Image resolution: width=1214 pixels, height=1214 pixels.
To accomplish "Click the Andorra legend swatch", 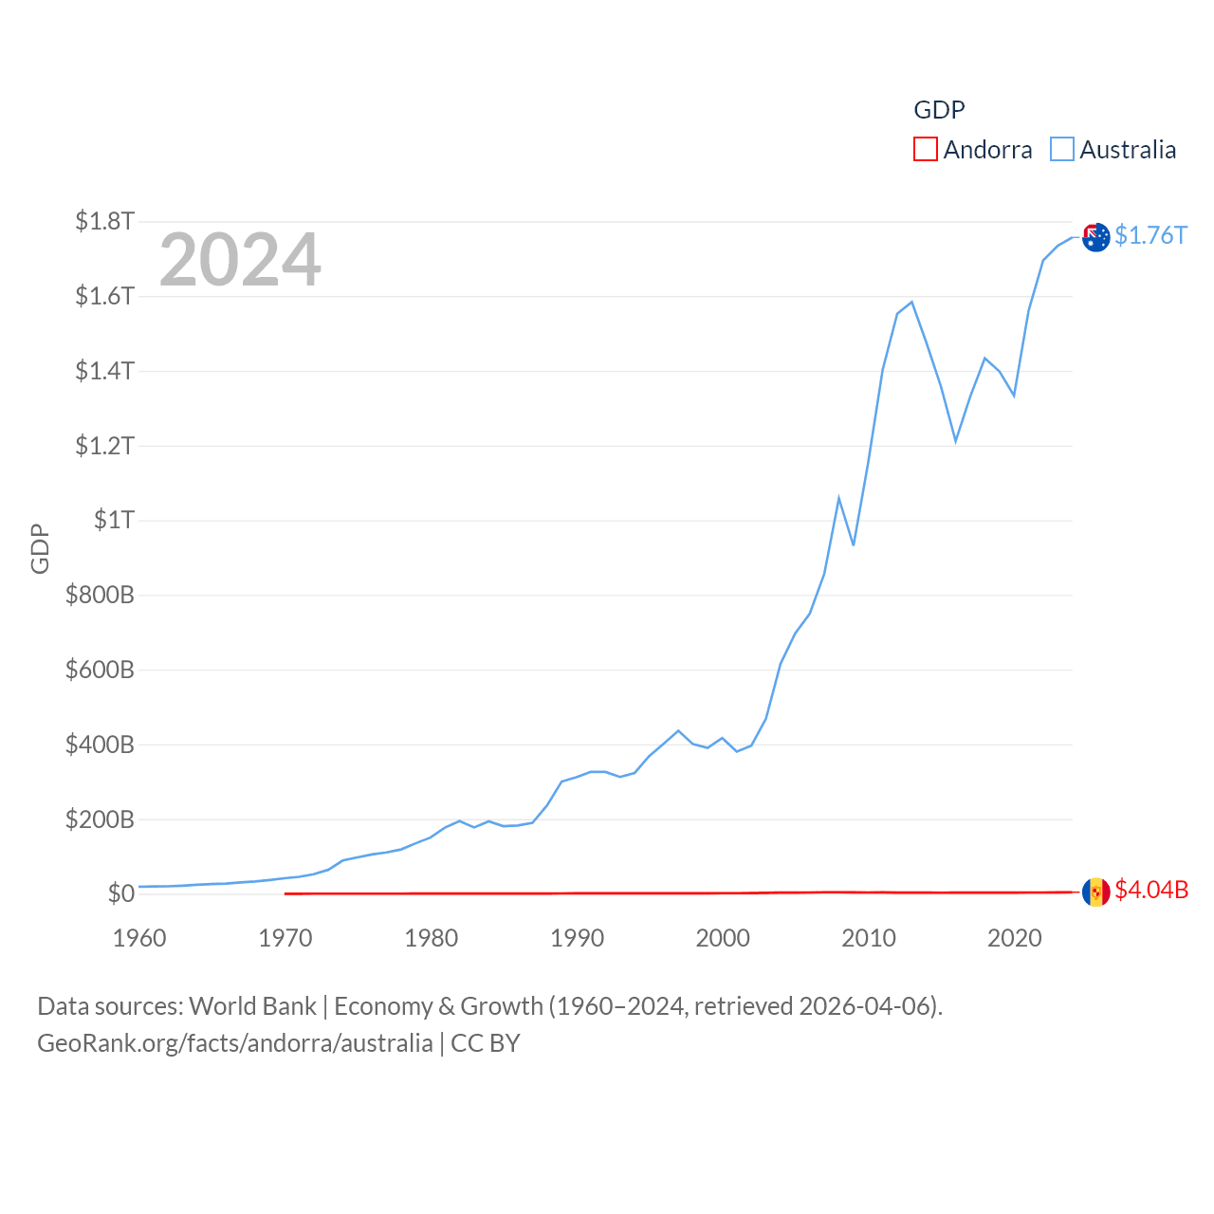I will (x=925, y=150).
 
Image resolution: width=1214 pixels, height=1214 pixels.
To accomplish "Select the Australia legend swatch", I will (x=1062, y=150).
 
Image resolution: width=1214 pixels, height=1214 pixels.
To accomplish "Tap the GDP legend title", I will (x=939, y=110).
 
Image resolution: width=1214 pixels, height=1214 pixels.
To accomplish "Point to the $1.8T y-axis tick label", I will (x=104, y=221).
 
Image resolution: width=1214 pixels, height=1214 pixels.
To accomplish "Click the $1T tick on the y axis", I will (x=114, y=520).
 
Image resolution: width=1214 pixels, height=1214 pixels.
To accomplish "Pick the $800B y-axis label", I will (x=100, y=595).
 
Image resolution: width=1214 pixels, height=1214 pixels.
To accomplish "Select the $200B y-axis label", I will (x=100, y=819).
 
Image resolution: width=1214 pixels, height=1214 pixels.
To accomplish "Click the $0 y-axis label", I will (x=120, y=893).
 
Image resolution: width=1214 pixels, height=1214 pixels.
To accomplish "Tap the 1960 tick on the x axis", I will (x=139, y=938).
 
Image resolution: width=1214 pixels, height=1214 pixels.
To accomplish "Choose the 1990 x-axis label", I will (x=577, y=938).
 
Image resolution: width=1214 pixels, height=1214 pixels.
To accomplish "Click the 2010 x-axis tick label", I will (x=869, y=938).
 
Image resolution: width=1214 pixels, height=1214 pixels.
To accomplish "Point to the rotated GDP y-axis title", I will (x=40, y=548).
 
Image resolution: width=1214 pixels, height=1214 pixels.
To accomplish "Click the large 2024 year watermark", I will (x=240, y=260).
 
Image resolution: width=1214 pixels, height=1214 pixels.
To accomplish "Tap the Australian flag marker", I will (x=1095, y=237).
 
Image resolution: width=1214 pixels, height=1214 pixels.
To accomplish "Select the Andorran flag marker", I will (x=1095, y=892).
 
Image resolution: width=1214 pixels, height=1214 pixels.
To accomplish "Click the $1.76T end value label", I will (x=1150, y=235).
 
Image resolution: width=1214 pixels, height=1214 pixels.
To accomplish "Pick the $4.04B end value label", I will (x=1150, y=890).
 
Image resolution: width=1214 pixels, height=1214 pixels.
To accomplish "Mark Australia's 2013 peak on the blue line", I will (x=911, y=303).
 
